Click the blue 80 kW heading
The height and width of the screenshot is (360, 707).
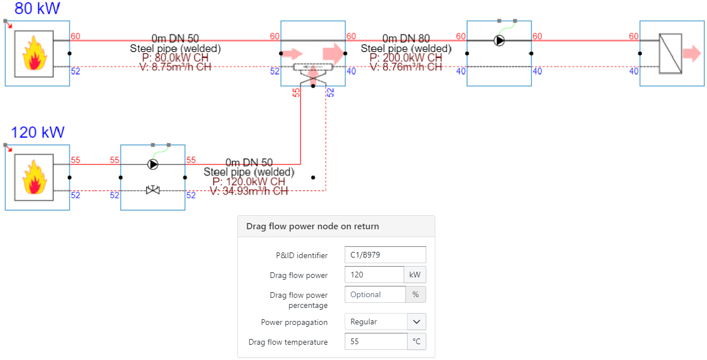(37, 9)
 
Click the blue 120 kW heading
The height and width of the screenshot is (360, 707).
(38, 133)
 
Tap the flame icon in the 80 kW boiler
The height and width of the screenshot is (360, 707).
(34, 53)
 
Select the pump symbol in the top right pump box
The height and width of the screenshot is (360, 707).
(499, 41)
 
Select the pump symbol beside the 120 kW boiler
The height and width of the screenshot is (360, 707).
(153, 164)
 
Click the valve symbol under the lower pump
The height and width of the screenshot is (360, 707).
(153, 190)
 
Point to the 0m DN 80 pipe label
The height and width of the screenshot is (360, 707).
(406, 38)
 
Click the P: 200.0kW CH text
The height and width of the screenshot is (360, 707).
(406, 58)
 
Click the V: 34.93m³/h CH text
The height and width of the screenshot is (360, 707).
(248, 191)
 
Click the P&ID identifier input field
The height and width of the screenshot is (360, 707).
(385, 255)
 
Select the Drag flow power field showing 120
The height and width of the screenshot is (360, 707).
(374, 275)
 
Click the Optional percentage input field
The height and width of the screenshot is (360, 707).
(375, 294)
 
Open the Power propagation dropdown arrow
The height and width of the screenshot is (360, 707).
(417, 322)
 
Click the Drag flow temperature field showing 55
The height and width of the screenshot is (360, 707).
(375, 342)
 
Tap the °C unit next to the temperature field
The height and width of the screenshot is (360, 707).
(417, 342)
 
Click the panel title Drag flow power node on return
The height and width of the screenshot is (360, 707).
(312, 226)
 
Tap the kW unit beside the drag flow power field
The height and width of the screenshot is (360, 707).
(414, 275)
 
